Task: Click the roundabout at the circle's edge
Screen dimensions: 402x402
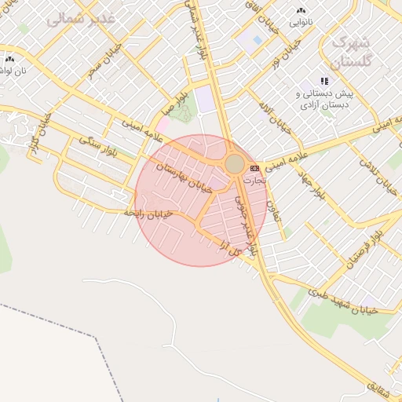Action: click(235, 163)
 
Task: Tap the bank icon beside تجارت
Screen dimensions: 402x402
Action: click(254, 168)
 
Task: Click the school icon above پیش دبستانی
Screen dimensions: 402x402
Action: click(324, 81)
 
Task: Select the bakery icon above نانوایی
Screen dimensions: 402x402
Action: click(301, 11)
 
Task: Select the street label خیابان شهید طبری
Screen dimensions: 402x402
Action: click(343, 302)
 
